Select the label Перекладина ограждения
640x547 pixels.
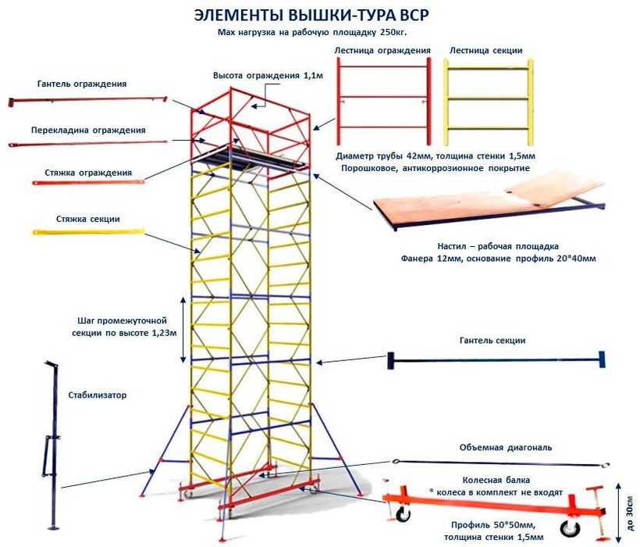click(87, 130)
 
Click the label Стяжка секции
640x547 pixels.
click(87, 219)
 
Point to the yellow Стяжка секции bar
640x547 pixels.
click(87, 232)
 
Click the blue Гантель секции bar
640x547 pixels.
click(496, 360)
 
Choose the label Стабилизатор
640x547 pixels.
click(97, 395)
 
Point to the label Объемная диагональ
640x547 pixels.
click(507, 448)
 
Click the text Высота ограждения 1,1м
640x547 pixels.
click(257, 76)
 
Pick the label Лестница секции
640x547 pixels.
click(485, 51)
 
